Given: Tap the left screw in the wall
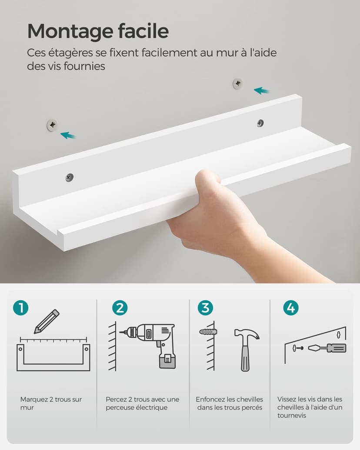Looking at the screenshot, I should [52, 126].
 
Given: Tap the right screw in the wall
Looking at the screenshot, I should [237, 83].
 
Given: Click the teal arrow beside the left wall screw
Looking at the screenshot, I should [68, 136].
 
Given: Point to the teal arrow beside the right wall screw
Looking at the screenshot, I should [262, 90].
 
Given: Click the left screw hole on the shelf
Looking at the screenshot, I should [70, 177].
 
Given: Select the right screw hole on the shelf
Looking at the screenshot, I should [260, 123].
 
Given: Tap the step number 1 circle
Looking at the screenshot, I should [20, 308].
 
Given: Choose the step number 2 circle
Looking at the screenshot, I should [120, 308].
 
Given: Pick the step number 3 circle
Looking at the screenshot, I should [205, 308].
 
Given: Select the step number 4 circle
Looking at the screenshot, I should [290, 308].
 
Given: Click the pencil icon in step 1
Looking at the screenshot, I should [47, 321].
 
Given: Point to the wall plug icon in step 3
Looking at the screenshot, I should [207, 332].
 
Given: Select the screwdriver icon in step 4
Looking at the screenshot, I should [327, 348].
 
